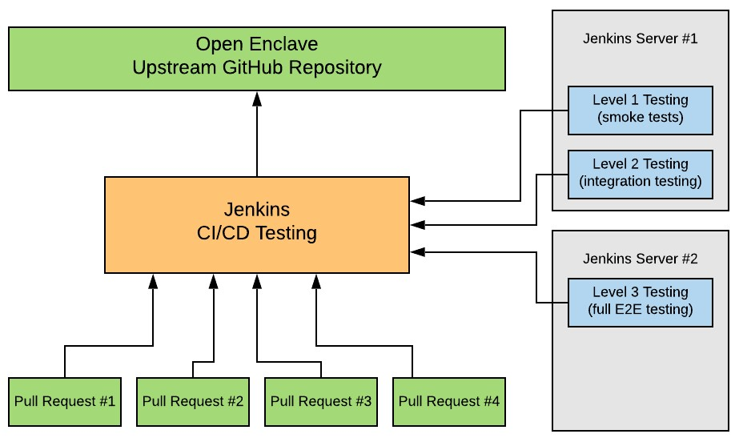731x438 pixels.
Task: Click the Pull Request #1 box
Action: point(65,400)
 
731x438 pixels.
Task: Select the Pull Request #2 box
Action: point(193,400)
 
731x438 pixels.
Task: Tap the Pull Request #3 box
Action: point(321,400)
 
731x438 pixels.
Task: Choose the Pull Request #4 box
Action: point(449,400)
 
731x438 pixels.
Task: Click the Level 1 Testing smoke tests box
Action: point(640,110)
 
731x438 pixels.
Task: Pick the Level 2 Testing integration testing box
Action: point(640,173)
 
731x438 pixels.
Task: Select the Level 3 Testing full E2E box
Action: point(640,301)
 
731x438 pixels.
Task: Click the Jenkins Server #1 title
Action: point(640,38)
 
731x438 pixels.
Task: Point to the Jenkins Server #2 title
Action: point(640,259)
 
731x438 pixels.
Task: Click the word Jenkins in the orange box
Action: point(257,210)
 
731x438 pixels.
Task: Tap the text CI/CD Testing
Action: point(257,234)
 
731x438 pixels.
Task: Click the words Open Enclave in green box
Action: point(257,45)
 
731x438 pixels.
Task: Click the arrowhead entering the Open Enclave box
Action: point(257,98)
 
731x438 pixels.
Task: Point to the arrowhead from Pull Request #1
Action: point(153,280)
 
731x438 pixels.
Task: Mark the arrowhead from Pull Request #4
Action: point(316,280)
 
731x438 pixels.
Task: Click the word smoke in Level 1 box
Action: point(624,118)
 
